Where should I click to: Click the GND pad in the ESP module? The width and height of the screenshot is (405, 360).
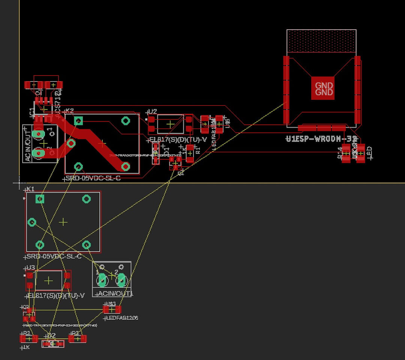click(x=324, y=89)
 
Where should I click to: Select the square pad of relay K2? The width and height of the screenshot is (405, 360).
click(x=78, y=121)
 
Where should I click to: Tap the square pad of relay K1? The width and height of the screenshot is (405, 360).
click(x=40, y=199)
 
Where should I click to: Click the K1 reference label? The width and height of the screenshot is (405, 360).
click(x=30, y=188)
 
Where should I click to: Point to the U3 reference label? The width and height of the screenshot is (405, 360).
click(x=30, y=268)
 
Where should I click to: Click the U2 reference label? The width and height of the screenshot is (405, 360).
click(x=152, y=111)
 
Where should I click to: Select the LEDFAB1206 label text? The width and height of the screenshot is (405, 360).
click(x=122, y=318)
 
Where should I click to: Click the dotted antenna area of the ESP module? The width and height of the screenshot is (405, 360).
click(x=321, y=41)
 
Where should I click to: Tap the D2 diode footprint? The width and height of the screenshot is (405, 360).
click(x=52, y=343)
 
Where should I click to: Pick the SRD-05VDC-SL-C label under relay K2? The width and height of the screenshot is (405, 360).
click(x=92, y=178)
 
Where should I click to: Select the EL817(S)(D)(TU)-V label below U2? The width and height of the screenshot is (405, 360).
click(x=178, y=140)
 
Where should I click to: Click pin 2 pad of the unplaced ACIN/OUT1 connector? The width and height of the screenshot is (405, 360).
click(x=121, y=280)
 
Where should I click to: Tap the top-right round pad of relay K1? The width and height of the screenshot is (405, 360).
click(x=87, y=199)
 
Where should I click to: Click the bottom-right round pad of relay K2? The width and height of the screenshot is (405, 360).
click(x=126, y=166)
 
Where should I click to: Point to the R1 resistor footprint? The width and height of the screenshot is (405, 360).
click(x=190, y=153)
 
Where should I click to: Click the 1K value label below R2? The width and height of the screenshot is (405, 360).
click(x=26, y=347)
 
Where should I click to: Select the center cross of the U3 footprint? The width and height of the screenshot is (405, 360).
click(x=49, y=280)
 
